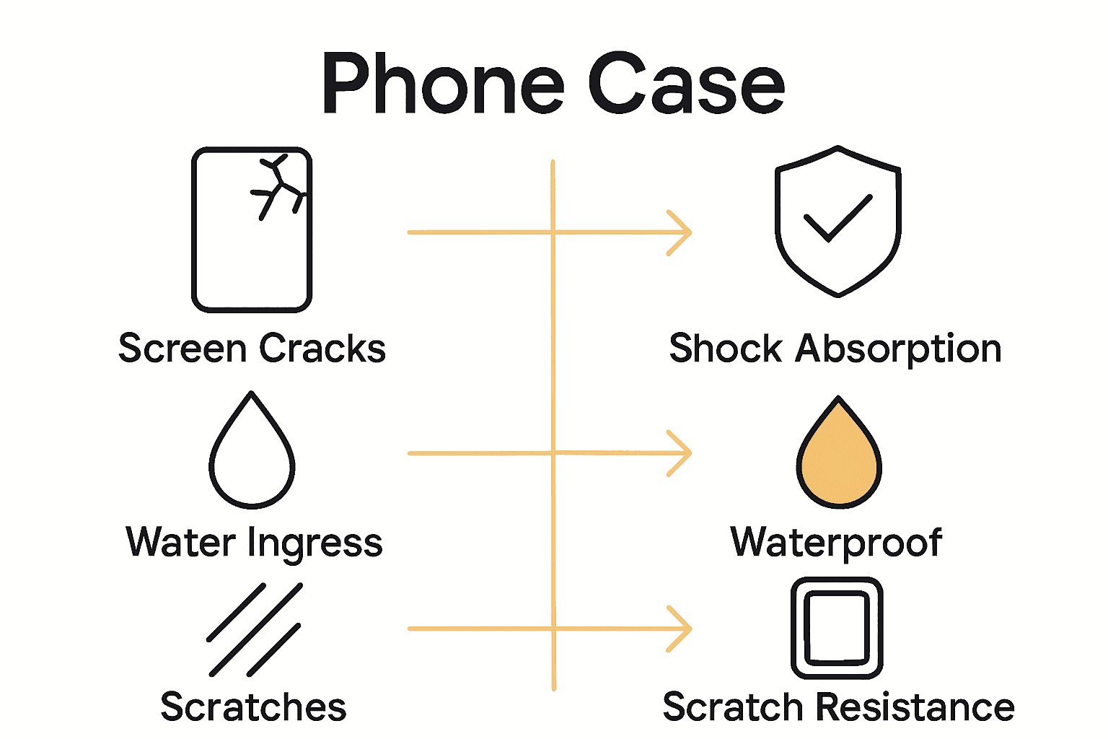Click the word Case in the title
(686, 85)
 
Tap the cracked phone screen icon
(252, 229)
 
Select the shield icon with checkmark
(837, 221)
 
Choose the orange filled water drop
(838, 455)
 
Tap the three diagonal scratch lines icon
(255, 629)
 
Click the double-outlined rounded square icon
(837, 628)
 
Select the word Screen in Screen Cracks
(183, 349)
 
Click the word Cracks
(322, 349)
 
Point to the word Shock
(725, 349)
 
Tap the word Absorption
(898, 350)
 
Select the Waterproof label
(836, 543)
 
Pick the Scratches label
(253, 707)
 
